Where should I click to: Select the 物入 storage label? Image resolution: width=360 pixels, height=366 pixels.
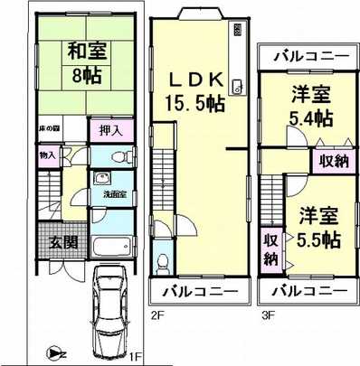[x=47, y=155]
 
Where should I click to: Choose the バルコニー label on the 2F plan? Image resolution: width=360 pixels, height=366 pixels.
[x=200, y=293]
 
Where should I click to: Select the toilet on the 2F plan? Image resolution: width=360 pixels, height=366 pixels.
[x=162, y=261]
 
